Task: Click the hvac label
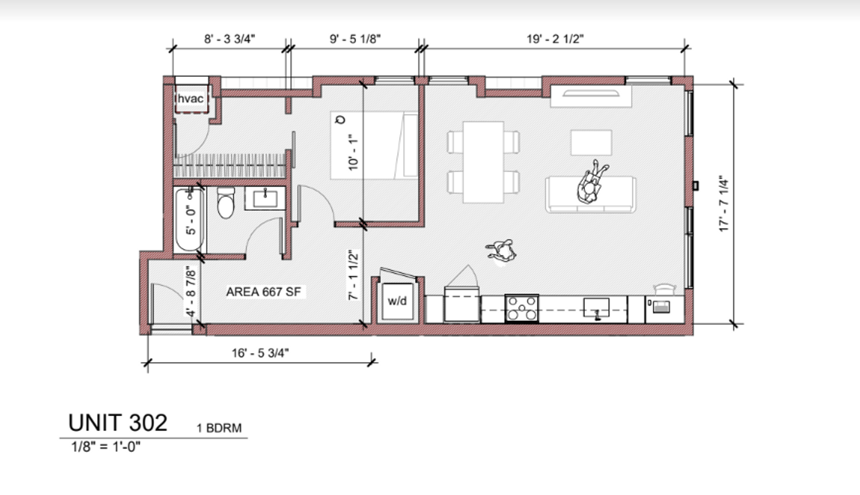[x=190, y=99]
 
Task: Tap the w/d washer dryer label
[x=397, y=301]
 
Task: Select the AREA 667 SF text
[x=264, y=291]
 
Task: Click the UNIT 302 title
[x=118, y=423]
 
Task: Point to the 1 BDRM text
[x=219, y=428]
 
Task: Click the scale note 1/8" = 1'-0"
[x=106, y=446]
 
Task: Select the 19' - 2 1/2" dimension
[x=555, y=39]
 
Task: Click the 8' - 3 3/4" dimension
[x=229, y=39]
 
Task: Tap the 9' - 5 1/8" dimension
[x=355, y=39]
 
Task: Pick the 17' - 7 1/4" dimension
[x=724, y=203]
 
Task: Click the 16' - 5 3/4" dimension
[x=260, y=353]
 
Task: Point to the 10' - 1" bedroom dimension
[x=353, y=152]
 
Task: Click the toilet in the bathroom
[x=226, y=203]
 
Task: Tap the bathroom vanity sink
[x=265, y=198]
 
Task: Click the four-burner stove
[x=522, y=308]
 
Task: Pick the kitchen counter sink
[x=596, y=308]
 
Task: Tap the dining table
[x=483, y=162]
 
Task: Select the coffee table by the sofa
[x=591, y=143]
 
